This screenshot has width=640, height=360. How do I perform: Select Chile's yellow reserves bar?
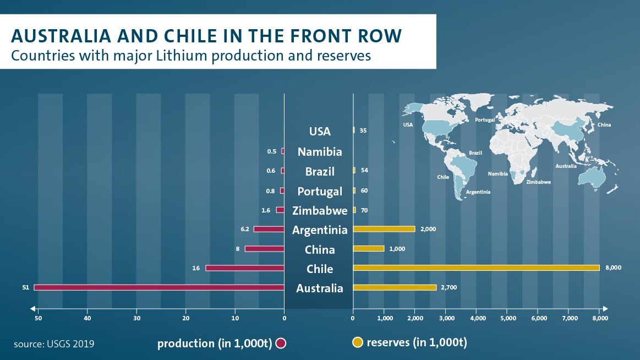(x=476, y=268)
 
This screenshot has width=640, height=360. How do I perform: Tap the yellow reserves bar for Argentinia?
(x=384, y=229)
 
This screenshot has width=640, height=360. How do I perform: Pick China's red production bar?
(x=264, y=249)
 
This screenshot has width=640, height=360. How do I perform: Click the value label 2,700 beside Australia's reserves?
(x=448, y=288)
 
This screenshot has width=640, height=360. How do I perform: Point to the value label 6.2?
(x=245, y=229)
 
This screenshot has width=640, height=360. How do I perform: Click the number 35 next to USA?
(x=363, y=131)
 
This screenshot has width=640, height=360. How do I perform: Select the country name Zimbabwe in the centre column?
(x=320, y=210)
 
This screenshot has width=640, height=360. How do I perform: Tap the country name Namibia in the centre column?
(x=320, y=152)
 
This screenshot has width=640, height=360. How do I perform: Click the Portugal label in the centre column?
(x=320, y=191)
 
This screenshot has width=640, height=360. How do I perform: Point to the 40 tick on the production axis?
(x=87, y=318)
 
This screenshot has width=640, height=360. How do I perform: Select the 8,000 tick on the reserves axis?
(x=599, y=318)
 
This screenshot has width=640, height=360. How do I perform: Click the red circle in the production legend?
(x=281, y=343)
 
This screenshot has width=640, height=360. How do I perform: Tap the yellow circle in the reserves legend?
(x=358, y=343)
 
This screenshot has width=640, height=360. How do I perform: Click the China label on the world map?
(x=604, y=125)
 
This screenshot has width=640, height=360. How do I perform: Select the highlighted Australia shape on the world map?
(x=593, y=177)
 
